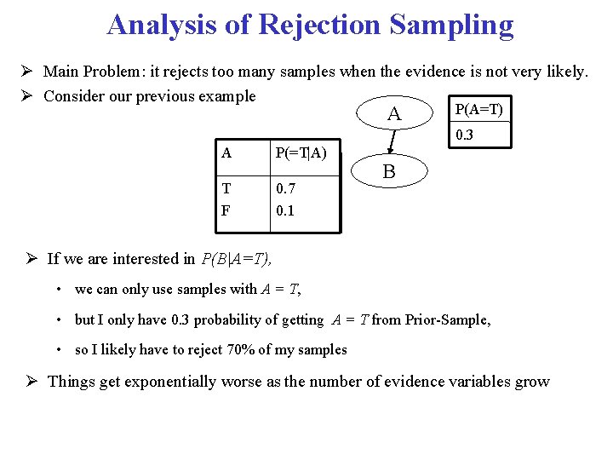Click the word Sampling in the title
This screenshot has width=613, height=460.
tap(452, 25)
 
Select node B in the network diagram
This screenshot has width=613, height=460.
tap(388, 172)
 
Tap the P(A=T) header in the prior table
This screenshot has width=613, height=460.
tap(479, 109)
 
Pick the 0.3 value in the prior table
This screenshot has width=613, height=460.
tap(466, 135)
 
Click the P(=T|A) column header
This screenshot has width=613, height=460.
tap(301, 153)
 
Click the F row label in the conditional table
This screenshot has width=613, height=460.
tap(226, 210)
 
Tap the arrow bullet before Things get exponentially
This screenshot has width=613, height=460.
tap(32, 382)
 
